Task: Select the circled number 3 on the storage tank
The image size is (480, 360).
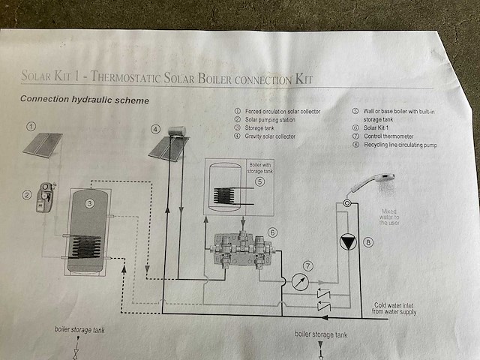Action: click(x=88, y=202)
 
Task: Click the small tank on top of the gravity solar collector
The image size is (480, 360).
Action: click(x=176, y=132)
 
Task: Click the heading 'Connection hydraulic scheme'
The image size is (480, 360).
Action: click(x=84, y=100)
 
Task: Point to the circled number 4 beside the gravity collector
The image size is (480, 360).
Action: click(x=155, y=128)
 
